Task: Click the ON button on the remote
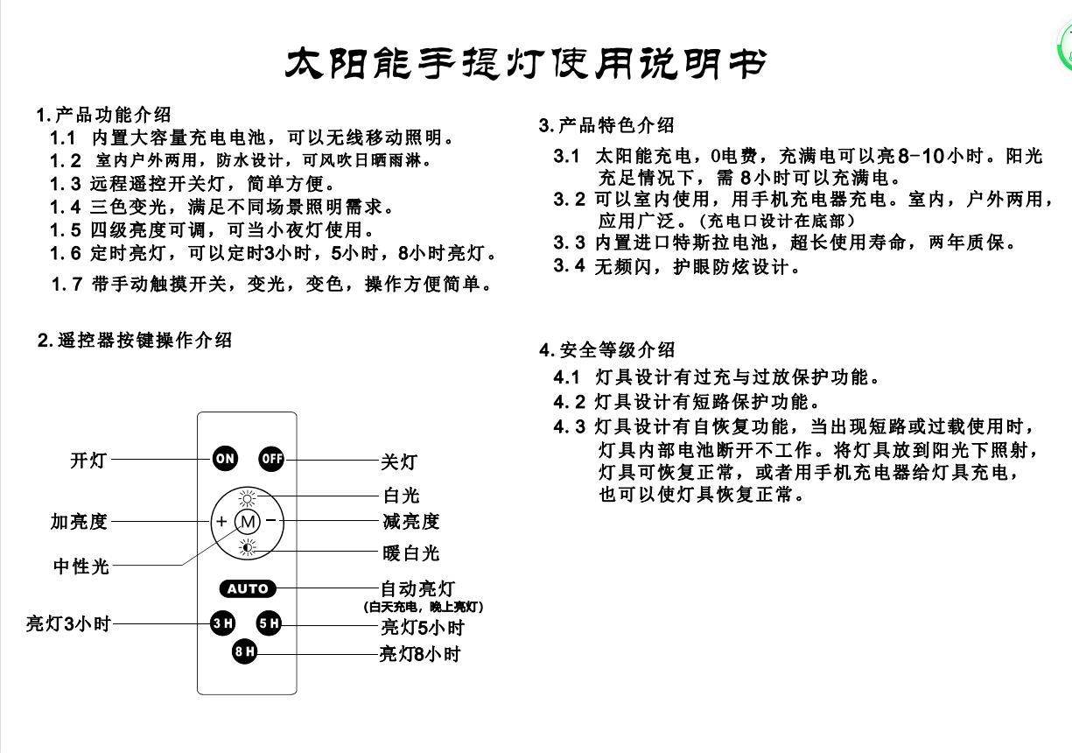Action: (225, 459)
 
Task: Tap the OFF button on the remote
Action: (271, 459)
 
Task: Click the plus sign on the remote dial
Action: (221, 521)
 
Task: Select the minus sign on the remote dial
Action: (271, 520)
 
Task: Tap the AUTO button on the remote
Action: (248, 588)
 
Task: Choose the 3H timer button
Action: (222, 623)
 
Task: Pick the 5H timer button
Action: (269, 623)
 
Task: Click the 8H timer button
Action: (244, 651)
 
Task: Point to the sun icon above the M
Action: (248, 499)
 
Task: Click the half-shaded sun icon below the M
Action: (248, 547)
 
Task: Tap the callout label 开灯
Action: (88, 461)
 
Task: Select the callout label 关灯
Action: (399, 462)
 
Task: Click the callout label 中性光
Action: (81, 567)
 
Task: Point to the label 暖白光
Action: (411, 552)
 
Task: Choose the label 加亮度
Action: (79, 521)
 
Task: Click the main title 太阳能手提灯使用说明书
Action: (525, 63)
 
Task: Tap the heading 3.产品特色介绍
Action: (606, 125)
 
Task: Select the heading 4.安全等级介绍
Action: (606, 350)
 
